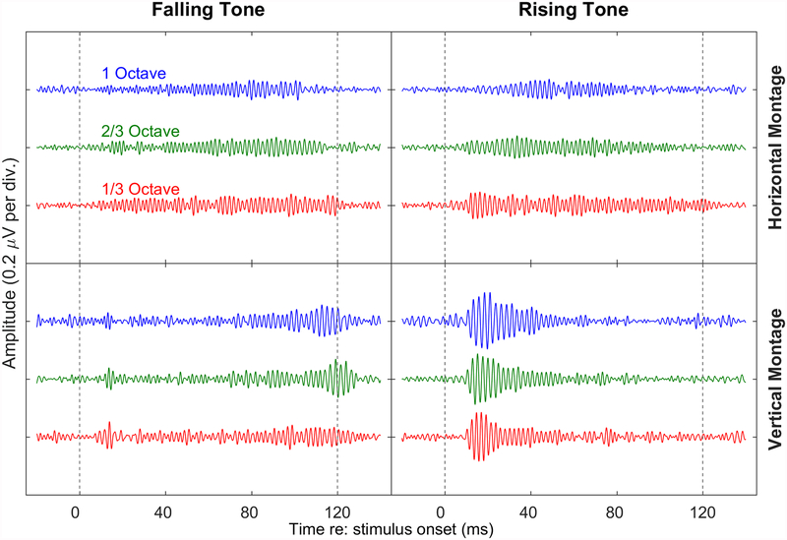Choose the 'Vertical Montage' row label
click(x=773, y=379)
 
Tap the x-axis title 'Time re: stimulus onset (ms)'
click(x=392, y=529)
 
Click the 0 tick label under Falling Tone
click(x=76, y=510)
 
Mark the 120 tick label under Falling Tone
click(x=337, y=510)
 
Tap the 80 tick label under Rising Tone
click(x=616, y=510)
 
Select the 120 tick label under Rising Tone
click(x=702, y=510)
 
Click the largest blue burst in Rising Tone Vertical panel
click(x=482, y=321)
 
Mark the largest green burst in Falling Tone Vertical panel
click(x=339, y=378)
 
